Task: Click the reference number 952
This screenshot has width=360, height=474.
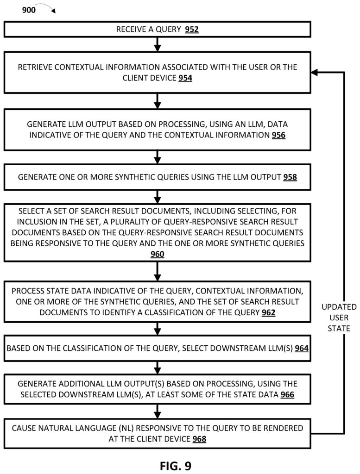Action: click(192, 29)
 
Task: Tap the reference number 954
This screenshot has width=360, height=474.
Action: click(185, 78)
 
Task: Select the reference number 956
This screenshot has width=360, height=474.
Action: click(278, 135)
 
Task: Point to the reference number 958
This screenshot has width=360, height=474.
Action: click(290, 177)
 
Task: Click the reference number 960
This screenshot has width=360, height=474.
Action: click(158, 254)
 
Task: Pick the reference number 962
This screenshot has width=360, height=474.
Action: click(268, 312)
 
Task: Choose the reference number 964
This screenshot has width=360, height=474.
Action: click(302, 348)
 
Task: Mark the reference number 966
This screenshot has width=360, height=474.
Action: click(287, 394)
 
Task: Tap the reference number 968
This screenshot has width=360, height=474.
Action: click(199, 439)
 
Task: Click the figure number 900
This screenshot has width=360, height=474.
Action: click(29, 10)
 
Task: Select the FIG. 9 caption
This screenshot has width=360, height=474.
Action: click(176, 466)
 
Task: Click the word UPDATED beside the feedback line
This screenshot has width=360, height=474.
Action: click(339, 307)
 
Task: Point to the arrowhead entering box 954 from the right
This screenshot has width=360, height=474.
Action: click(314, 73)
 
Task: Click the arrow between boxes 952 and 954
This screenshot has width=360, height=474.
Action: click(158, 44)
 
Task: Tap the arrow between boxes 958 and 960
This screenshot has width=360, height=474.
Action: click(158, 197)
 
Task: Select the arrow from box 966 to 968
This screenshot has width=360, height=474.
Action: click(158, 412)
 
